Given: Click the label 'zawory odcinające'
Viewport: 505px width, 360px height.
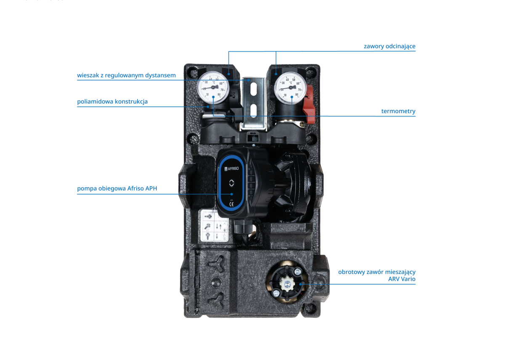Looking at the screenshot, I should [x=389, y=46].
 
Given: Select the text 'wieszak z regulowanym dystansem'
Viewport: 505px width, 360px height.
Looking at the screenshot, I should [x=126, y=76].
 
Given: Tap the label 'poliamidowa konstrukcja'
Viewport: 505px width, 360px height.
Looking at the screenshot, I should [x=112, y=101].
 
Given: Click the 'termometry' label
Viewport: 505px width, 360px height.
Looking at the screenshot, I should [x=398, y=111].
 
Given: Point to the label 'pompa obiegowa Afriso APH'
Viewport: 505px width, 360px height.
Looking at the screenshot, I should [x=117, y=189].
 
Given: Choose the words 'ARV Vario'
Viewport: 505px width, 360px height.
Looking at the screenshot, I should [x=401, y=279].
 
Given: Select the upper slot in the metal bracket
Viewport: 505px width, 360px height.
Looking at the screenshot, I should [x=253, y=89].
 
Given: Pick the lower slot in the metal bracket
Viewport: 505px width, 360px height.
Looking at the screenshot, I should [x=253, y=111].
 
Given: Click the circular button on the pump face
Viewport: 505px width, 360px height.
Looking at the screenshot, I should [x=231, y=183].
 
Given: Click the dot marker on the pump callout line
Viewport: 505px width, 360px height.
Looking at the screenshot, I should [x=231, y=194].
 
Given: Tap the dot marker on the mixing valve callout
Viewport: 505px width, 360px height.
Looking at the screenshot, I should [x=300, y=284].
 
